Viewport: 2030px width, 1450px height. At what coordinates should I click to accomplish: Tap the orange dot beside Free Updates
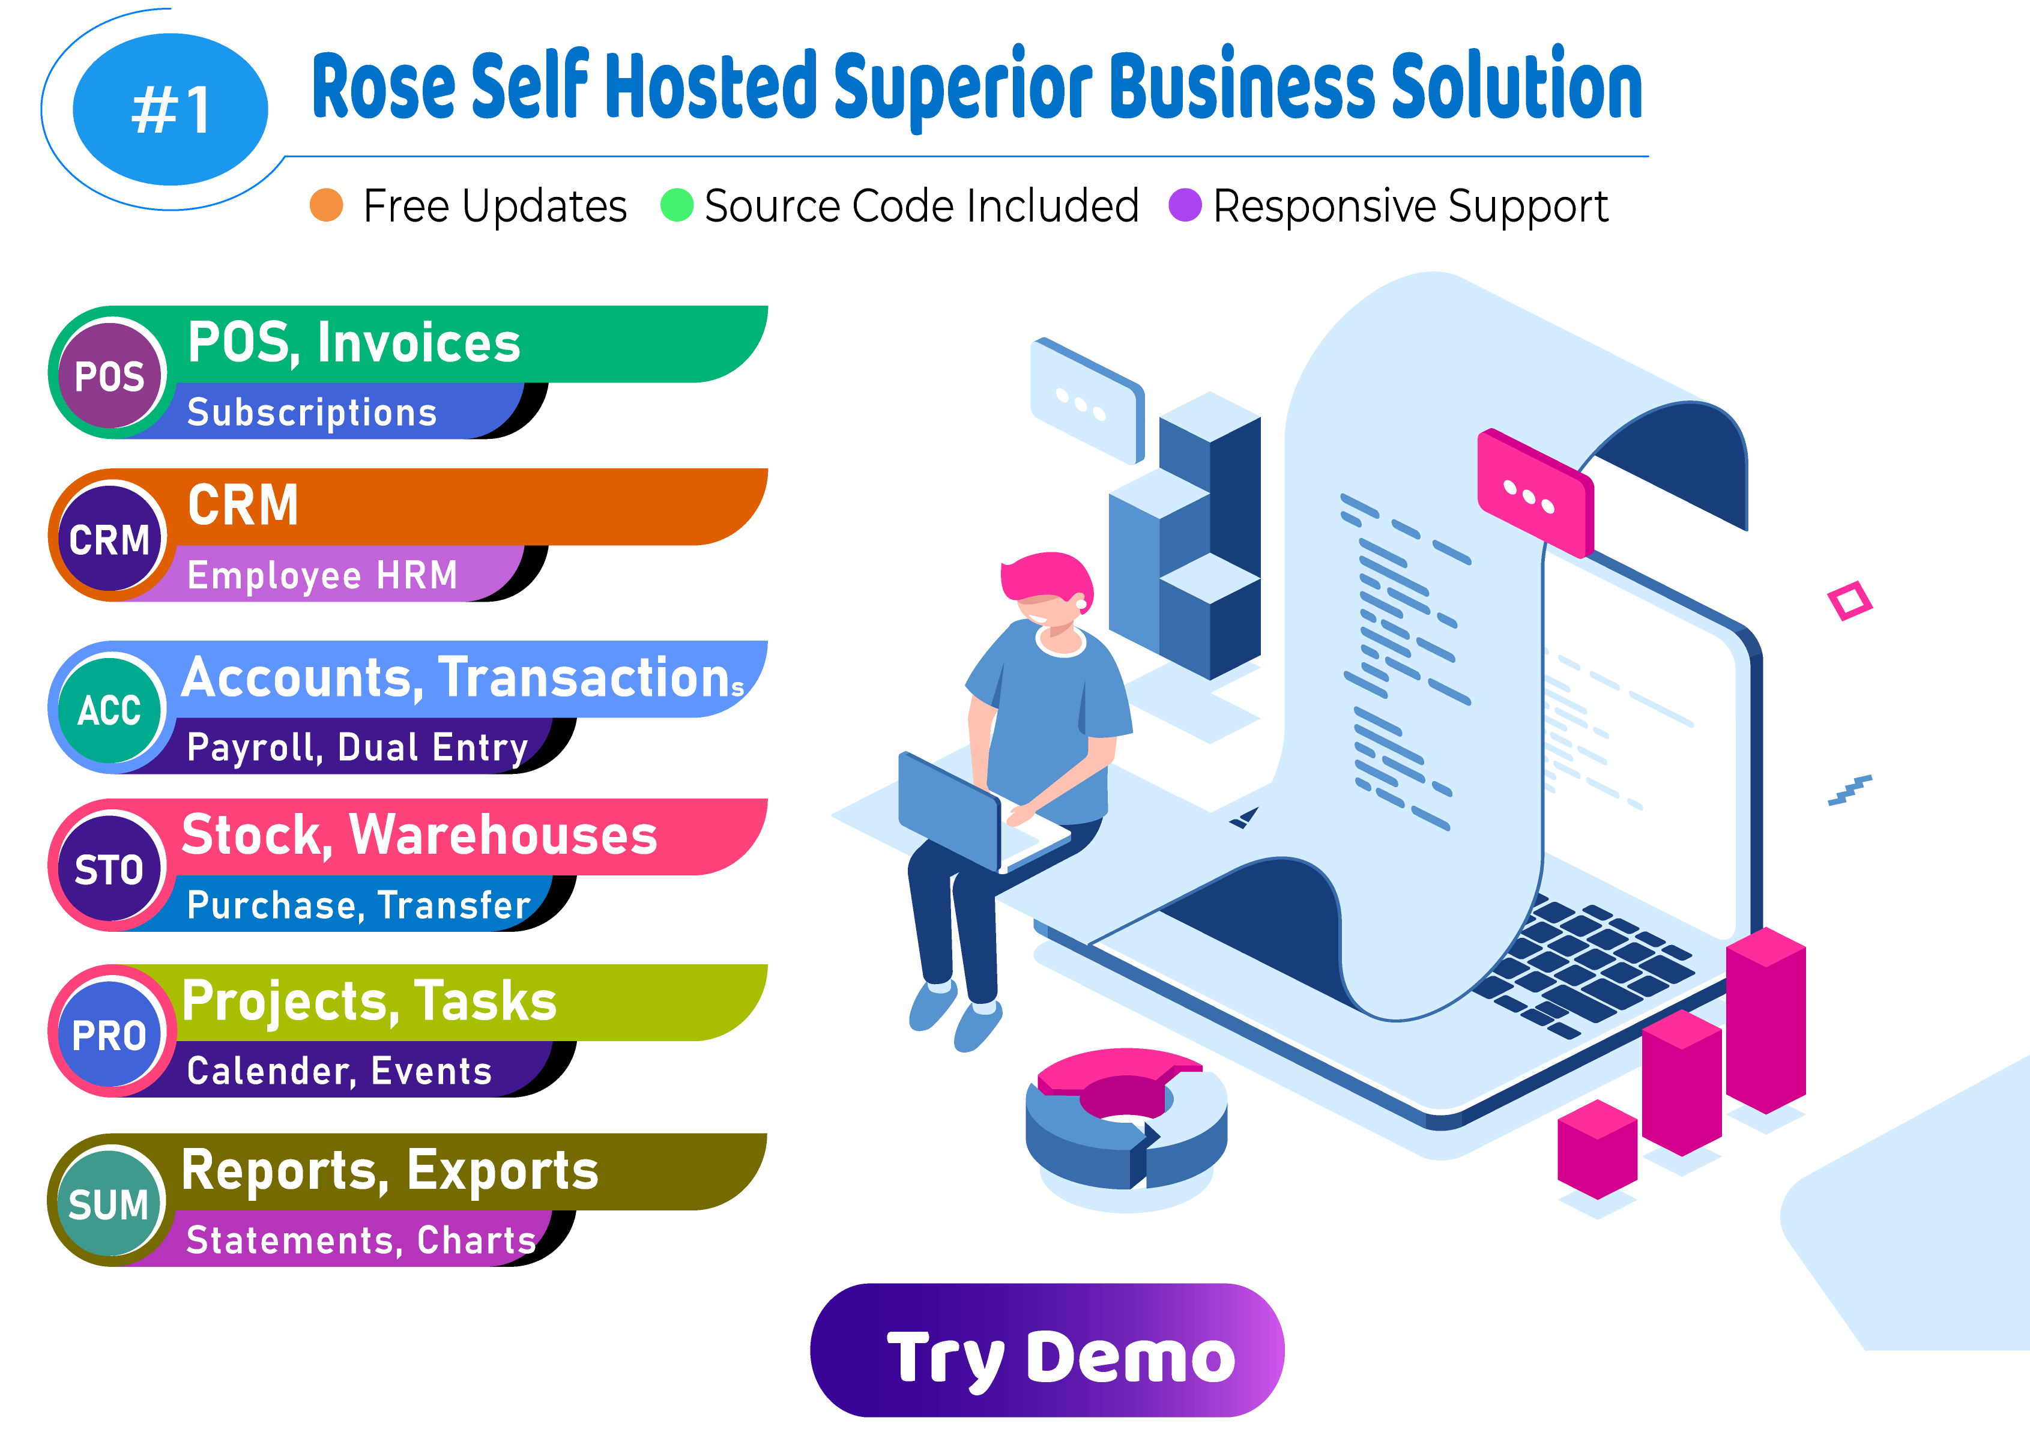(326, 205)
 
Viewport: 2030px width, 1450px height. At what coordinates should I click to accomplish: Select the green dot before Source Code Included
(677, 205)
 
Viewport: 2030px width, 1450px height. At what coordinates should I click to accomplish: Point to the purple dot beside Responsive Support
(1185, 205)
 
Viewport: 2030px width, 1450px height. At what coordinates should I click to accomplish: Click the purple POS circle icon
(110, 375)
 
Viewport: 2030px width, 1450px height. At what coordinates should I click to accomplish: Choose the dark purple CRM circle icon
(110, 539)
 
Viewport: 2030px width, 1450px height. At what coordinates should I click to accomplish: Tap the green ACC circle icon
(110, 710)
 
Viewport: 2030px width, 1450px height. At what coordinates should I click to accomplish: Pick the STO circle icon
(110, 869)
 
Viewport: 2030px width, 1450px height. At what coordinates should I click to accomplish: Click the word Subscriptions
(312, 412)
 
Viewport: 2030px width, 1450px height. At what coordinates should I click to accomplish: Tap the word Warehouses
(503, 836)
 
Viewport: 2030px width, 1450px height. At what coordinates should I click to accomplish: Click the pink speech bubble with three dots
(1533, 494)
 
